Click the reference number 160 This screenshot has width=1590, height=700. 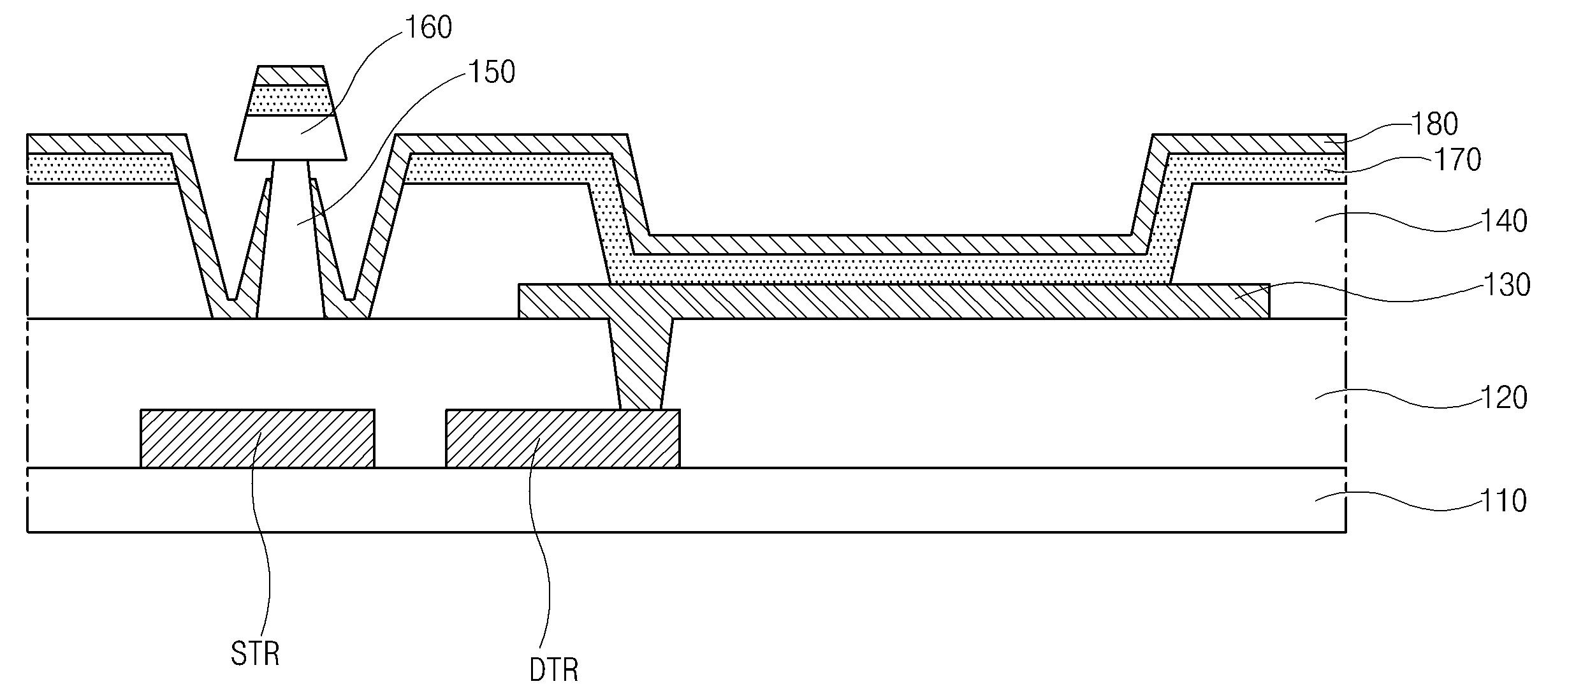(x=428, y=27)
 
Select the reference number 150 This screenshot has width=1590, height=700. (x=492, y=72)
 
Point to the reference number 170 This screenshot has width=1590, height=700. (x=1457, y=159)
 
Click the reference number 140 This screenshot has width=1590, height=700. (x=1503, y=221)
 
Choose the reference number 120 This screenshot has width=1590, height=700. (x=1503, y=397)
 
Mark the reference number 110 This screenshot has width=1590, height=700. (x=1503, y=500)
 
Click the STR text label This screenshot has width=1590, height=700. (x=255, y=653)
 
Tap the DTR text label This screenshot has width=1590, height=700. (x=554, y=670)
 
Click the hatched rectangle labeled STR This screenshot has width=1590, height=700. (x=258, y=439)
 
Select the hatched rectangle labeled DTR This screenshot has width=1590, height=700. (x=563, y=439)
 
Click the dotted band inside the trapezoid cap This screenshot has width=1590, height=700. (x=291, y=100)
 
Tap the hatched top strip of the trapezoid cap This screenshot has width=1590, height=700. (x=291, y=75)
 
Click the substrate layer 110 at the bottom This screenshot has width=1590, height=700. (x=687, y=499)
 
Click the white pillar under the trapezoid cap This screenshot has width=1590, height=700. (x=291, y=239)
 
